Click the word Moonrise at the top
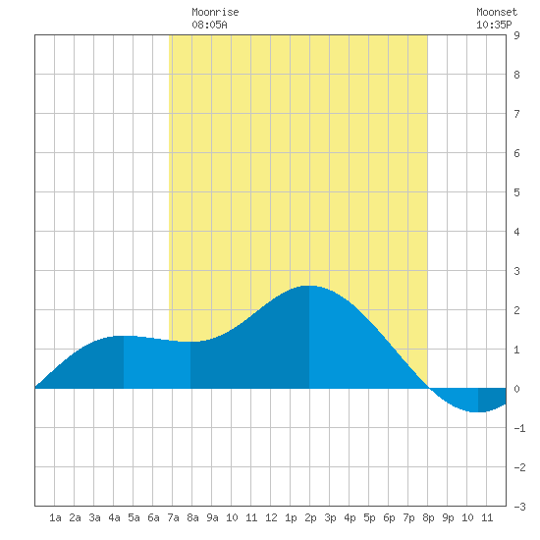[215, 12]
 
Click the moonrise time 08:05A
[209, 25]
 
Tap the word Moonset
[497, 12]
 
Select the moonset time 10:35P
[494, 25]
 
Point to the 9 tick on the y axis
[516, 35]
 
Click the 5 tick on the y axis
[516, 192]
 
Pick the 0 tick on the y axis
[516, 389]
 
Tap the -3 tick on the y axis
[519, 507]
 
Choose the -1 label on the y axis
[519, 428]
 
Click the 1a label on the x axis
[55, 517]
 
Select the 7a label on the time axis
[173, 517]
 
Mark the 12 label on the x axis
[271, 517]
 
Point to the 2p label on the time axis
[310, 517]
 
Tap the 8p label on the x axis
[428, 517]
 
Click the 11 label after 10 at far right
[487, 517]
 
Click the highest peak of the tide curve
[309, 286]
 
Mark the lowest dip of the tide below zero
[478, 411]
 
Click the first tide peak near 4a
[124, 336]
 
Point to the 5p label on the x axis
[369, 517]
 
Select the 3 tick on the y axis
[516, 271]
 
